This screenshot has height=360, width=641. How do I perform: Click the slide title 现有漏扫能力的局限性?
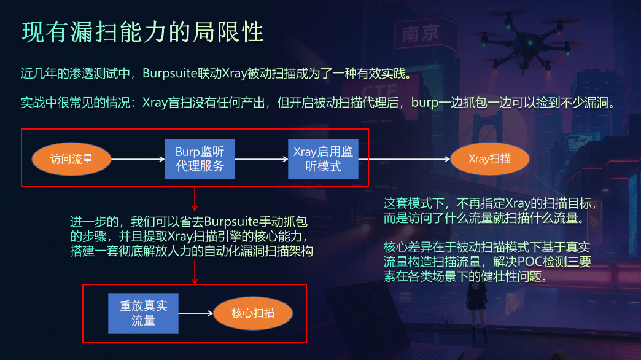(142, 32)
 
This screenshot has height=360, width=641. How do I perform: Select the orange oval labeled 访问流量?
(72, 159)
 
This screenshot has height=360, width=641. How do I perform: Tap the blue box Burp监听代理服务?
(200, 159)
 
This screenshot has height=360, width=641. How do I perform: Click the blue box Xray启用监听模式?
(323, 159)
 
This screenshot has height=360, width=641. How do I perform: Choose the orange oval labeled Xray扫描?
(490, 158)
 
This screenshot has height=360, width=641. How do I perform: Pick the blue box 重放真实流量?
(143, 313)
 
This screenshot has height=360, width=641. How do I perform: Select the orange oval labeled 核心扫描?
(253, 313)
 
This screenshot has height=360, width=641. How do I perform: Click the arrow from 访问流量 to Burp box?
(138, 159)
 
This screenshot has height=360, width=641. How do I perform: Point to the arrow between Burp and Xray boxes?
(262, 159)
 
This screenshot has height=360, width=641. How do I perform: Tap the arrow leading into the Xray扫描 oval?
(404, 159)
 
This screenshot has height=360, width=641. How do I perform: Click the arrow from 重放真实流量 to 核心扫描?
(196, 313)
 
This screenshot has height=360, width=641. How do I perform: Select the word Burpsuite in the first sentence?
(169, 74)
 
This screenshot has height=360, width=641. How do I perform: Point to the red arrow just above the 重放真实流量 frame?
(195, 272)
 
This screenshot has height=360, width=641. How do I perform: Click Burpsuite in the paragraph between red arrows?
(231, 222)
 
